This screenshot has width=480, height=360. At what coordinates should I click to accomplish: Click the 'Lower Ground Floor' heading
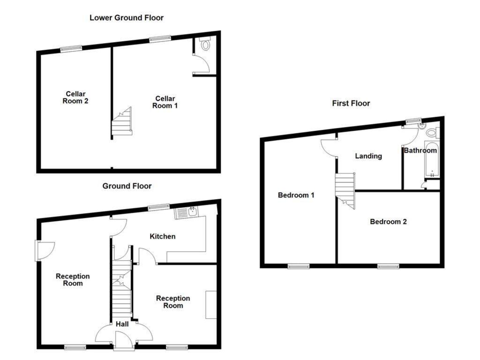pyautogui.click(x=127, y=18)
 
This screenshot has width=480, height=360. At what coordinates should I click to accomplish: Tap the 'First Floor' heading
pyautogui.click(x=351, y=103)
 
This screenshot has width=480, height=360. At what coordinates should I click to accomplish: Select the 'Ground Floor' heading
pyautogui.click(x=127, y=186)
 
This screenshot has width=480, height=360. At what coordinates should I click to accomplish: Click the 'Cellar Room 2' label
pyautogui.click(x=75, y=97)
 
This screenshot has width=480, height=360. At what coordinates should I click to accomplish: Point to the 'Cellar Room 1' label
pyautogui.click(x=165, y=102)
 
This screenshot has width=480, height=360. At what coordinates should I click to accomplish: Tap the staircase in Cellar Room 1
pyautogui.click(x=122, y=121)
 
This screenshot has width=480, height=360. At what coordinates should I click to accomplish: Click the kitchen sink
pyautogui.click(x=187, y=213)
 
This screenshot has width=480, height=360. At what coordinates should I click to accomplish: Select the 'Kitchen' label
pyautogui.click(x=163, y=236)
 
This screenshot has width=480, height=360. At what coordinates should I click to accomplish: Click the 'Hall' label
pyautogui.click(x=123, y=324)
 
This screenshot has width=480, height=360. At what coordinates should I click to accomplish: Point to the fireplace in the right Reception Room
pyautogui.click(x=211, y=305)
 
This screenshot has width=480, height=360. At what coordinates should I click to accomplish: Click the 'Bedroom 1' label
pyautogui.click(x=296, y=195)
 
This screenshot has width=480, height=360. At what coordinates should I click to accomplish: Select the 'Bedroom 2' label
pyautogui.click(x=388, y=222)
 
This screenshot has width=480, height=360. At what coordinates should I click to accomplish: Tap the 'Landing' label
pyautogui.click(x=368, y=156)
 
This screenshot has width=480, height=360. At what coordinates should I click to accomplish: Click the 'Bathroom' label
pyautogui.click(x=420, y=150)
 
